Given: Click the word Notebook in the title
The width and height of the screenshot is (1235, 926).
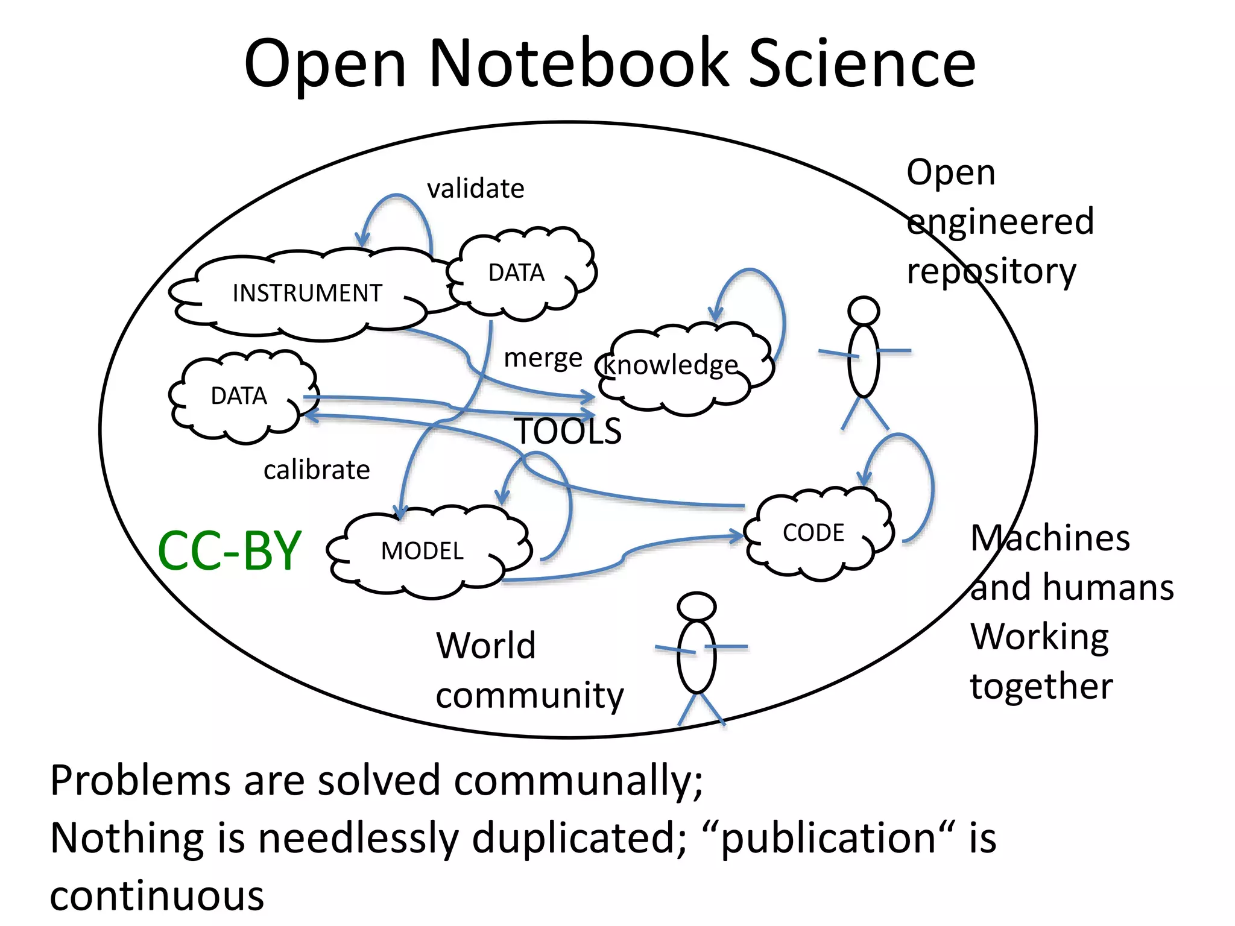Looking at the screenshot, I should tap(579, 63).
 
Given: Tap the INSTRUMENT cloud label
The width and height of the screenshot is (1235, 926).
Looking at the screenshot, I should tap(307, 294).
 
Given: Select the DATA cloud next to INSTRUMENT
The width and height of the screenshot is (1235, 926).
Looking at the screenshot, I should tap(517, 273).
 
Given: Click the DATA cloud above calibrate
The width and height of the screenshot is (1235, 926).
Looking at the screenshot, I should tap(239, 396).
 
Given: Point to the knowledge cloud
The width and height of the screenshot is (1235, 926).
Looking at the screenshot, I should tap(671, 365).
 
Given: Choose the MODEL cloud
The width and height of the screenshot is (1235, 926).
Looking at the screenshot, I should tap(422, 551).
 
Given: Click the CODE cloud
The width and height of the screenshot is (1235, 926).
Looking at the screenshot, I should tap(813, 533).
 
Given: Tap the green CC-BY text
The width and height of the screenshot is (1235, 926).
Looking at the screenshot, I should tap(229, 550).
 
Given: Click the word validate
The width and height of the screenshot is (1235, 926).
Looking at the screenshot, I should tap(476, 189).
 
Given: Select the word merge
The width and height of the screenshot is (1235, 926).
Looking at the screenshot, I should tap(543, 358).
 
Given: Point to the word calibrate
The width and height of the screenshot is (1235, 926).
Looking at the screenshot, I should tap(317, 470).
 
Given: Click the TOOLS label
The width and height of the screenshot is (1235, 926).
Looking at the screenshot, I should tap(568, 432).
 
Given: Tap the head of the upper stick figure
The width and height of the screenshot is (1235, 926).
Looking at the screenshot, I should tap(863, 311).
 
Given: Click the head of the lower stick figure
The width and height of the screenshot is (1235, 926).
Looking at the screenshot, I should tap(696, 606).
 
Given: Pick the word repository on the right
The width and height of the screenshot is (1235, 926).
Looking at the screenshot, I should tap(991, 271).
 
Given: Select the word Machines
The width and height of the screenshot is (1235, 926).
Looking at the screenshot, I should tap(1050, 538).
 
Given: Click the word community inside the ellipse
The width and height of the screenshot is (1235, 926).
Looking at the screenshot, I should tap(529, 696).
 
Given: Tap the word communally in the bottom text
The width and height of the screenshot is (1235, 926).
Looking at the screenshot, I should tap(578, 781).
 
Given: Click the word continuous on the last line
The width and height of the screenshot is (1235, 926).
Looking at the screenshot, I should tap(157, 896).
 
